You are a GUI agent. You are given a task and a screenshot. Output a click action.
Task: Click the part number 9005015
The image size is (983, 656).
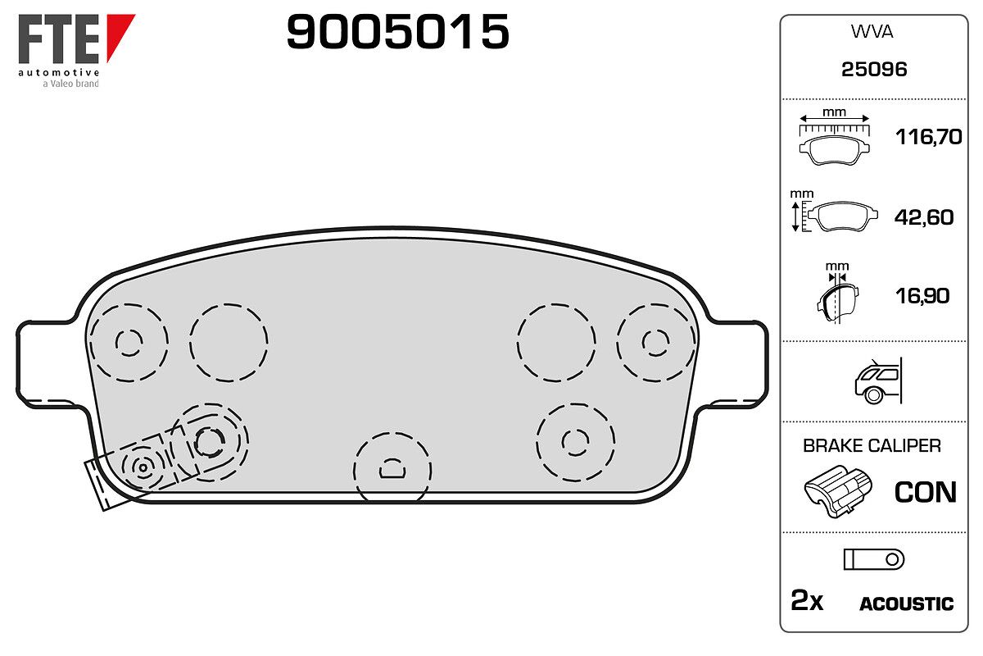[397, 31]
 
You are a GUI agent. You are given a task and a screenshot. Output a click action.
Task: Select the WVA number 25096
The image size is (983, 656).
[874, 70]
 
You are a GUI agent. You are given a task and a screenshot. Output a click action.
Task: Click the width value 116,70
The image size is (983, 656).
[929, 137]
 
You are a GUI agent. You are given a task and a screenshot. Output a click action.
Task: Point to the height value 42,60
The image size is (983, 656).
[924, 217]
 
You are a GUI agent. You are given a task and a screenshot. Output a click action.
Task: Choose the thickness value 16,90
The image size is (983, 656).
[922, 296]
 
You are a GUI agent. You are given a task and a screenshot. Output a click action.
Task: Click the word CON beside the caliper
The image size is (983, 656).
[925, 492]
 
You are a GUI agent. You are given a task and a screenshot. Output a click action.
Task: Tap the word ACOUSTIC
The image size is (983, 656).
[906, 604]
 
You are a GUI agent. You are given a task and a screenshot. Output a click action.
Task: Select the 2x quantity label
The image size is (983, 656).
[807, 600]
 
